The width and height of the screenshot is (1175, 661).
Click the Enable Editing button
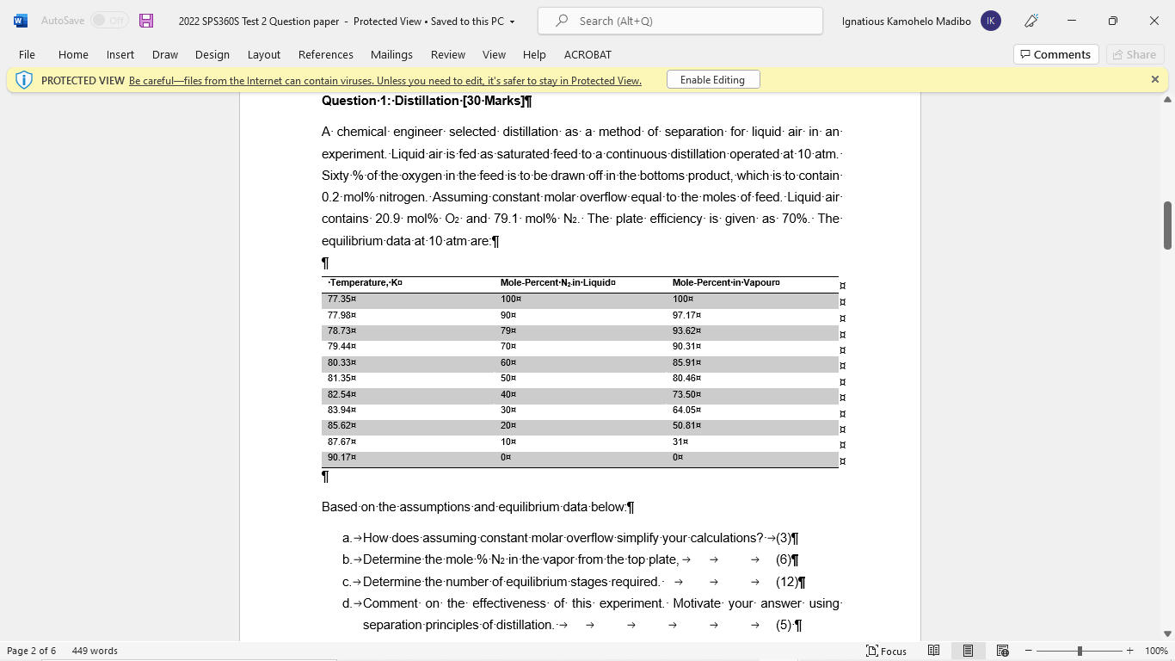pyautogui.click(x=712, y=80)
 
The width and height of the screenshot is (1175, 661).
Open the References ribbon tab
pyautogui.click(x=325, y=54)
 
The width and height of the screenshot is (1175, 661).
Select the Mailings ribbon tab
pyautogui.click(x=391, y=54)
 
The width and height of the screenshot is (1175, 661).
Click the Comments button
pyautogui.click(x=1055, y=54)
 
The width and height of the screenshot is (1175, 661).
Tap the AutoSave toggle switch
pyautogui.click(x=109, y=21)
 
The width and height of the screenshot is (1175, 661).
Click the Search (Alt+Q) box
pyautogui.click(x=680, y=21)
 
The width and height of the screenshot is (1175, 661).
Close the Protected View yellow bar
pyautogui.click(x=1154, y=79)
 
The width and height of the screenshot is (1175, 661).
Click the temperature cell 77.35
pyautogui.click(x=340, y=300)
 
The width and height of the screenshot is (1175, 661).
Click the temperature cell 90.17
pyautogui.click(x=340, y=458)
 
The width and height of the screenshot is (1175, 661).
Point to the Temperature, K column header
pyautogui.click(x=364, y=283)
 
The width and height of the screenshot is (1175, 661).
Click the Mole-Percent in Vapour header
pyautogui.click(x=724, y=283)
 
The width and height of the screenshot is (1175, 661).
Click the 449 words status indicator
pyautogui.click(x=95, y=651)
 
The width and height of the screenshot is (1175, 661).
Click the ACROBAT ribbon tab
pyautogui.click(x=587, y=54)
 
